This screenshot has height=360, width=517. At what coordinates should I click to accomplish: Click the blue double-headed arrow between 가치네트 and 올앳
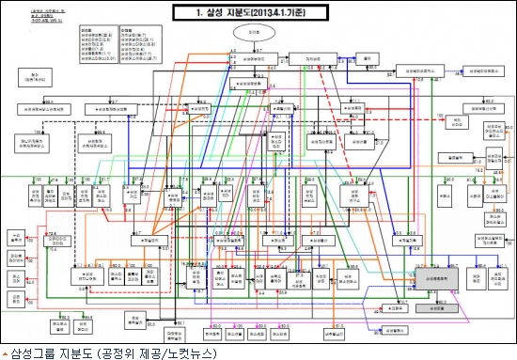tap(344, 58)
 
